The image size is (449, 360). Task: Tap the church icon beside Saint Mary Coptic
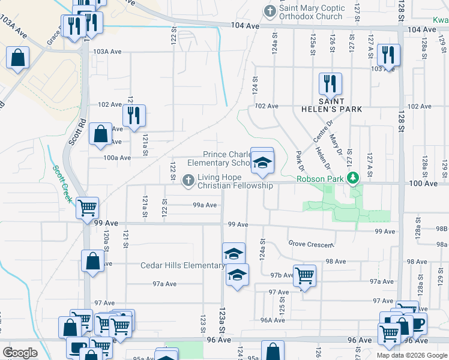270,11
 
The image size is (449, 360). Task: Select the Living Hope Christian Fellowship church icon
188,179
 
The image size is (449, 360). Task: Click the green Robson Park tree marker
354,178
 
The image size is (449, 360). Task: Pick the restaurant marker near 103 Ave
388,55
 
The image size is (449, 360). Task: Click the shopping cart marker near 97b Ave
304,275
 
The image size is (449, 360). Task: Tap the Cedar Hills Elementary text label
182,265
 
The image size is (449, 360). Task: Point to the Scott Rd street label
74,130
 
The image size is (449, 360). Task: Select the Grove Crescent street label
310,244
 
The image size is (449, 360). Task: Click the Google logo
20,353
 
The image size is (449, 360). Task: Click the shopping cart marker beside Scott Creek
88,208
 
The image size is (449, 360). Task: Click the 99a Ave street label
205,205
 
